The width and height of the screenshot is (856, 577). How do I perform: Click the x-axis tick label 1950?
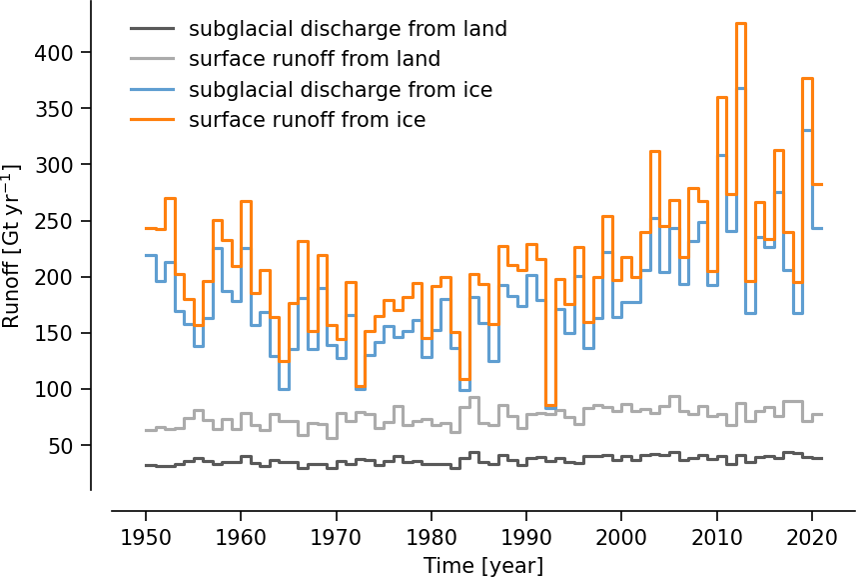click(x=146, y=537)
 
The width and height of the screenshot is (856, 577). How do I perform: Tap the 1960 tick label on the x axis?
click(x=241, y=537)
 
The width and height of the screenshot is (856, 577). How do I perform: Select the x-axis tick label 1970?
click(x=336, y=537)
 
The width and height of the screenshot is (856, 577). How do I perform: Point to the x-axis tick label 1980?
click(x=430, y=537)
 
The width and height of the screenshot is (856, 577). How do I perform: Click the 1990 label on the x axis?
click(x=525, y=537)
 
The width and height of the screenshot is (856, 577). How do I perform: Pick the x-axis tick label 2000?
click(x=620, y=537)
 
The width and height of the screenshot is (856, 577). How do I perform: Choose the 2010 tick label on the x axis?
click(x=715, y=537)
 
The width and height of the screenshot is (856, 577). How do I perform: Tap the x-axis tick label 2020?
click(x=810, y=537)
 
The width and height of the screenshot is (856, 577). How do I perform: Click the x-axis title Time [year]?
click(x=483, y=565)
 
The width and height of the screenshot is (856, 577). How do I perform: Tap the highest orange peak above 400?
click(x=740, y=23)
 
